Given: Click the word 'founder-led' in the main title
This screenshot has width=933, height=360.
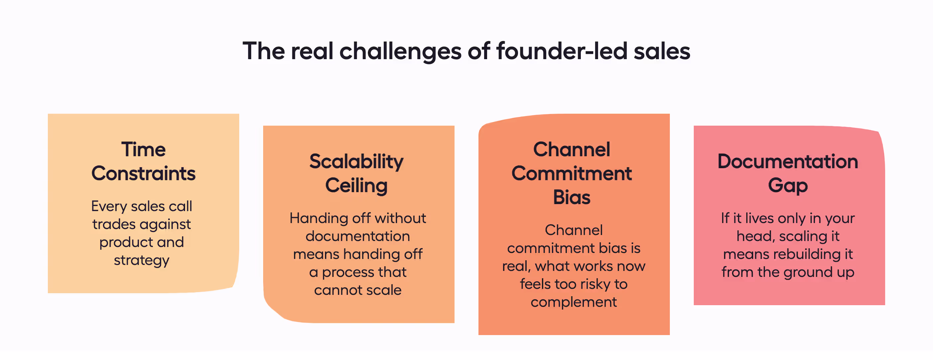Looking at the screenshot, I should pos(562,51).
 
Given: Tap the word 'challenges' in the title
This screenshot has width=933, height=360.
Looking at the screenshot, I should pos(400,52).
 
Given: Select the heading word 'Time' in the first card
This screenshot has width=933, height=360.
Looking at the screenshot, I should pos(144,150).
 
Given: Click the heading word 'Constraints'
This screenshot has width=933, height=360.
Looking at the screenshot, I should pos(144,174).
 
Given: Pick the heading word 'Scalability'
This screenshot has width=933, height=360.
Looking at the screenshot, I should pos(357,162).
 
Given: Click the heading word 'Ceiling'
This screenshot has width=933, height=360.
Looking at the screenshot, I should pos(357,185).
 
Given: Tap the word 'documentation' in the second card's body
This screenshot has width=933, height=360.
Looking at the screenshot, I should pos(358,236).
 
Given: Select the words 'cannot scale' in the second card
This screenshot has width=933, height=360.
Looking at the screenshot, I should pos(358,290).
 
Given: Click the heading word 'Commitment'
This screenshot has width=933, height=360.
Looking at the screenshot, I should pos(571,174).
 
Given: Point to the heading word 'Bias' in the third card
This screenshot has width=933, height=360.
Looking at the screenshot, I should pos(571,197).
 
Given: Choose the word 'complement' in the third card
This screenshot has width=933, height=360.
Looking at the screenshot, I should pos(574,302).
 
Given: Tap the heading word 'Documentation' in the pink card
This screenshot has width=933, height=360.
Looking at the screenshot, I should pos(788,162).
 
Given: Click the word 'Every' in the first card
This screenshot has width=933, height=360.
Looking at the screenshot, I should pos(109,206).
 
